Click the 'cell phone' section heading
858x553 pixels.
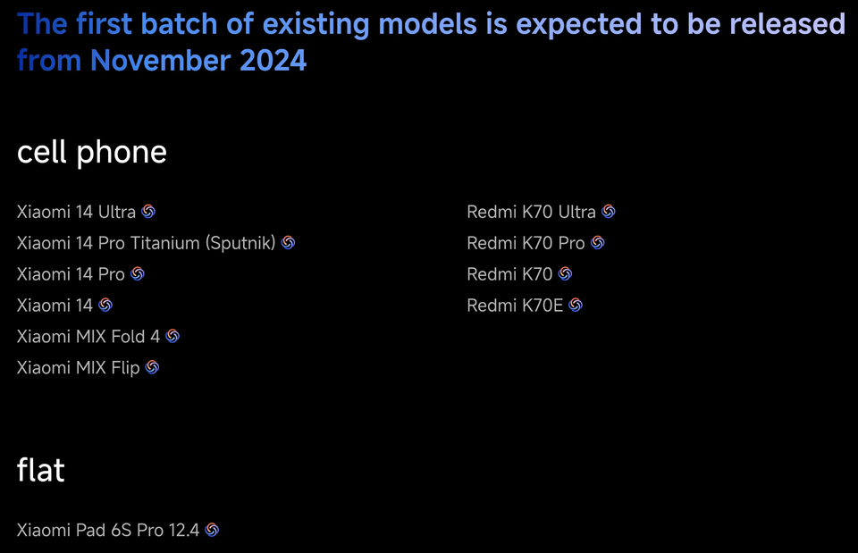tap(92, 152)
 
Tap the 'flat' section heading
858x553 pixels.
tap(41, 469)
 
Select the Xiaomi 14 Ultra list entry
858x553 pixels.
tap(76, 212)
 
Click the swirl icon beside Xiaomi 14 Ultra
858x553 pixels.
tap(148, 212)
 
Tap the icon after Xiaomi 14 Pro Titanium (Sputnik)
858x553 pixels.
tap(289, 243)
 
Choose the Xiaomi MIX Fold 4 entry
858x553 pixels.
tap(88, 337)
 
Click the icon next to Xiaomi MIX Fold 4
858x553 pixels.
tap(172, 337)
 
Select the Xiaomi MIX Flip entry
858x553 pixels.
tap(79, 367)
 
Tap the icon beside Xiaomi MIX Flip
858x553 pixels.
tap(152, 367)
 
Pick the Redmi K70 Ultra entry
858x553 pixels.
tap(531, 212)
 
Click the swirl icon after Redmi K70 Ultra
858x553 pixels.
tap(609, 212)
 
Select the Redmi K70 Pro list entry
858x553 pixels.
tap(526, 243)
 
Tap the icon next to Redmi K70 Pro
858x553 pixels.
tap(598, 243)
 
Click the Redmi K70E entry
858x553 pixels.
tap(515, 306)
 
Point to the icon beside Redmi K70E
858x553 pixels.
tap(576, 306)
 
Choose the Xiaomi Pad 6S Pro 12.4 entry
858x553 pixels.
tap(108, 530)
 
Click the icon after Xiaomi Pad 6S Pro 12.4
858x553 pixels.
tap(212, 530)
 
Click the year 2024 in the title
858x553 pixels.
tap(273, 60)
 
